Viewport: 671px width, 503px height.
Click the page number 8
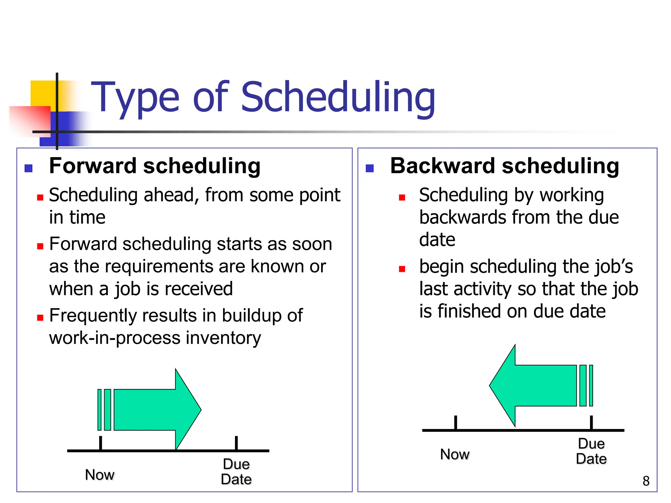click(x=646, y=481)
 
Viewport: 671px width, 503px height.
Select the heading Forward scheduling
click(x=155, y=166)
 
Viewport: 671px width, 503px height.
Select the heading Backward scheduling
click(x=505, y=166)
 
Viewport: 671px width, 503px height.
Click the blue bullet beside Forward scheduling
click(x=29, y=168)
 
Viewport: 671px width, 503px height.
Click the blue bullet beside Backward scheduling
click(x=370, y=168)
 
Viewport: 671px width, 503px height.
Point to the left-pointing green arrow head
click(x=503, y=386)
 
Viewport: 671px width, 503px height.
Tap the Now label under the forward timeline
click(x=100, y=475)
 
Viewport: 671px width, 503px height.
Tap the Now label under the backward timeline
click(x=455, y=454)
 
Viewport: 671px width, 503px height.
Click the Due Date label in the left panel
click(x=236, y=472)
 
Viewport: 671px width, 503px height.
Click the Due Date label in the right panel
click(x=591, y=451)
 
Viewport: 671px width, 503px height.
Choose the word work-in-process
click(x=115, y=338)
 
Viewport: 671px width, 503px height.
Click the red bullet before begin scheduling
click(x=402, y=269)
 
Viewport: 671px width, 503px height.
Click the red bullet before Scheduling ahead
click(x=40, y=197)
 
